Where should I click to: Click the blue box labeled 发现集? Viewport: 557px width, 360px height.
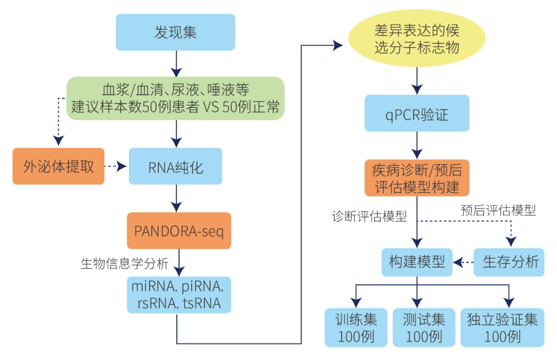(x=175, y=32)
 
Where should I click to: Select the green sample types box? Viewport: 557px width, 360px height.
(x=175, y=99)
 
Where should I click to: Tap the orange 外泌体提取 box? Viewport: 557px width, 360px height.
(x=58, y=167)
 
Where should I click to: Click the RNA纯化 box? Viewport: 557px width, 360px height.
(x=175, y=167)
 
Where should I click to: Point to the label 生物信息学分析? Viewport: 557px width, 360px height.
(x=124, y=264)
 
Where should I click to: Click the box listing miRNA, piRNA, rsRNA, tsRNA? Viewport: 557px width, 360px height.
(x=179, y=295)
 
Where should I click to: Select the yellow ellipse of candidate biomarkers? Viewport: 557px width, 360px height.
(x=417, y=40)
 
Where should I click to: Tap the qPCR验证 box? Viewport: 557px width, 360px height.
(x=417, y=113)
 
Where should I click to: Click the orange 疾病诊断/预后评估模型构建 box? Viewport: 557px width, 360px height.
(x=417, y=177)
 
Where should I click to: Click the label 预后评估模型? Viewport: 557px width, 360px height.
(x=498, y=210)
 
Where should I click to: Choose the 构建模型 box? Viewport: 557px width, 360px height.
(x=417, y=262)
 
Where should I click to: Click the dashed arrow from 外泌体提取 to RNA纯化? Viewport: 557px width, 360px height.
(x=116, y=167)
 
